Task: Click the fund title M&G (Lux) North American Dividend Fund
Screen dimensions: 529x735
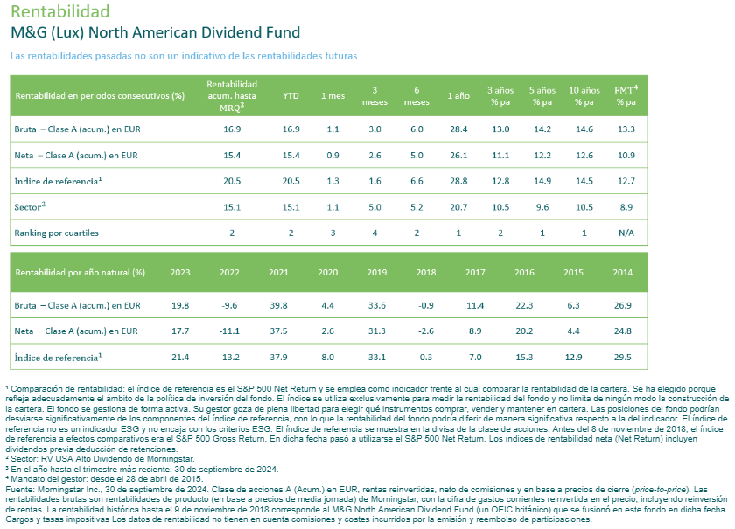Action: tap(155, 33)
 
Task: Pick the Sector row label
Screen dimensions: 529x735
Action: tap(31, 208)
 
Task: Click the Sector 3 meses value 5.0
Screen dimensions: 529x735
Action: tap(375, 208)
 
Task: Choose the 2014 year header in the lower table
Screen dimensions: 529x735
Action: tap(622, 273)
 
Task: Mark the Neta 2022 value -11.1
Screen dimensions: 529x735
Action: tap(229, 331)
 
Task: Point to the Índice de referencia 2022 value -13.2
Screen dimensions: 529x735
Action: tap(229, 357)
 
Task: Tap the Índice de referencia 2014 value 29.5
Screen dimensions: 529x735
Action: tap(622, 357)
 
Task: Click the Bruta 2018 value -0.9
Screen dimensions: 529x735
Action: tap(426, 305)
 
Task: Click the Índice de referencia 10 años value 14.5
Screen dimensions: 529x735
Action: tap(584, 182)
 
